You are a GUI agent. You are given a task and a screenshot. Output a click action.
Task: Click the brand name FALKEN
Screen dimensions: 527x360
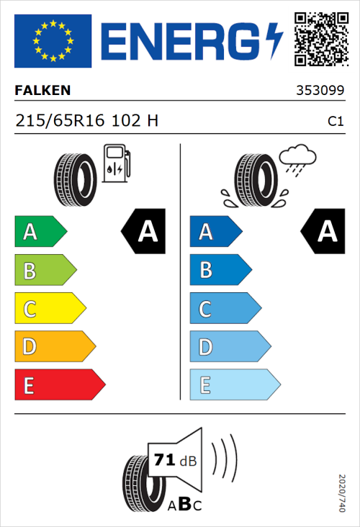[x=42, y=91]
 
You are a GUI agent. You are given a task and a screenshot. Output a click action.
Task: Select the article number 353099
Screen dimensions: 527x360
[x=320, y=91]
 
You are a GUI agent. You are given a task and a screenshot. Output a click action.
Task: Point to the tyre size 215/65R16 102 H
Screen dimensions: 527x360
[x=86, y=121]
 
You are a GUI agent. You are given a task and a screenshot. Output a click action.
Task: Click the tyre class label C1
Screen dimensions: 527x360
[x=335, y=122]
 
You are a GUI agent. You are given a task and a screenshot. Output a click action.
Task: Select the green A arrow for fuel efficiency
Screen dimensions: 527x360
[x=40, y=232]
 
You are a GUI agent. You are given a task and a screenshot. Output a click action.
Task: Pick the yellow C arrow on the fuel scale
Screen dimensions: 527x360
[x=49, y=310]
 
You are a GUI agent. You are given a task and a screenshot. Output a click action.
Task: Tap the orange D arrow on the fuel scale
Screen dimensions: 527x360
[x=54, y=348]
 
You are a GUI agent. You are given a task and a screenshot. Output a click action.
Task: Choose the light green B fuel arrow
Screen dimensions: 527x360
[x=45, y=271]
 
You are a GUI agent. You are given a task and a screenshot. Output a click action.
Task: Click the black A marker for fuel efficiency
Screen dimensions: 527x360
[x=143, y=232]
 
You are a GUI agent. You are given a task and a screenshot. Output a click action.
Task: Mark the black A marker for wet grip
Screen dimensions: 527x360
[x=323, y=232]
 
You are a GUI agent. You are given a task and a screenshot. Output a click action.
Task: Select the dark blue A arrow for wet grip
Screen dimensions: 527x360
[x=215, y=232]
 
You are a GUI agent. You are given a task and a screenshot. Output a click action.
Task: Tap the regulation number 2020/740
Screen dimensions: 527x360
[x=341, y=492]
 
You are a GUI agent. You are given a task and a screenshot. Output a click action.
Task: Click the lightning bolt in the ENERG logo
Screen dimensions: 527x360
[x=274, y=41]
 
